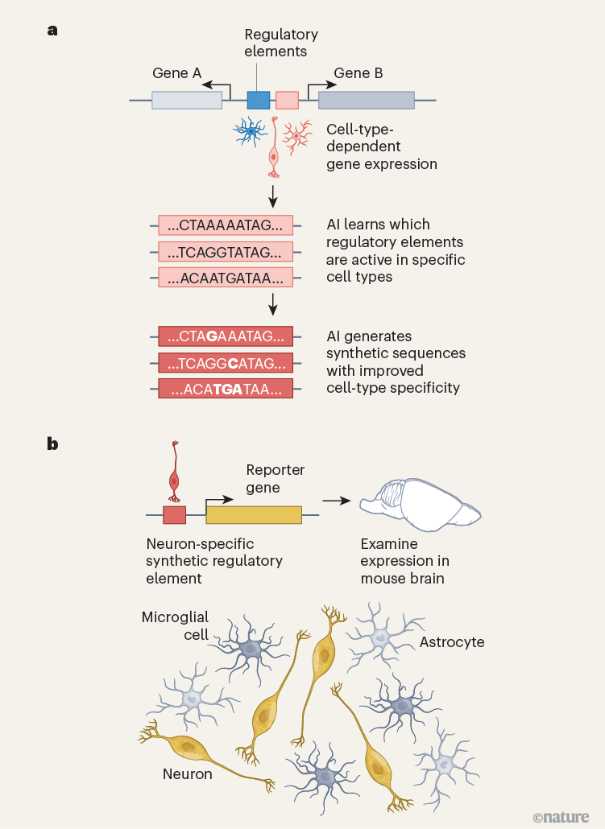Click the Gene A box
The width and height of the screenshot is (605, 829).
pos(187,100)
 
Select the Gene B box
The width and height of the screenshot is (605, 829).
pos(367,100)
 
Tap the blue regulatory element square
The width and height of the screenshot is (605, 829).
pos(258,100)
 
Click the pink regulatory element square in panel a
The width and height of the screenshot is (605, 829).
pos(287,100)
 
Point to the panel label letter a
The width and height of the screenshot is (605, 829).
pos(52,31)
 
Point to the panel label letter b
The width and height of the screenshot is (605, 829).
pos(52,443)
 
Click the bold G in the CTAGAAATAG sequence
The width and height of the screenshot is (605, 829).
pos(212,336)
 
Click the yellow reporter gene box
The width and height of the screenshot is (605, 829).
pos(254,515)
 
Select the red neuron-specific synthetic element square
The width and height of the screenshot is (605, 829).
pos(174,515)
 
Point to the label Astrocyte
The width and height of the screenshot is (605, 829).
pos(452,641)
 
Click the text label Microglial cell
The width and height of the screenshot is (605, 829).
pos(175,625)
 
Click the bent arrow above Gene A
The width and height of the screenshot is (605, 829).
pos(216,85)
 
